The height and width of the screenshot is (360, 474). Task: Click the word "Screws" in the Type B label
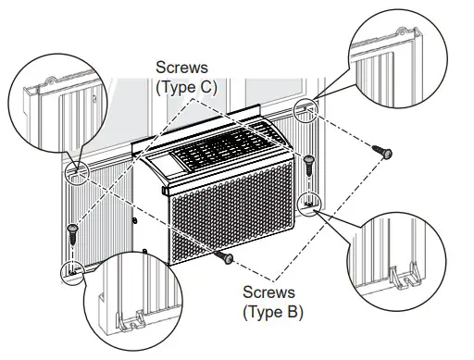tap(272, 293)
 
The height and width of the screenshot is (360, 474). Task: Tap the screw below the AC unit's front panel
tap(221, 256)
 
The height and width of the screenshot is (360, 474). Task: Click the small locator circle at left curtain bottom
tap(71, 269)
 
